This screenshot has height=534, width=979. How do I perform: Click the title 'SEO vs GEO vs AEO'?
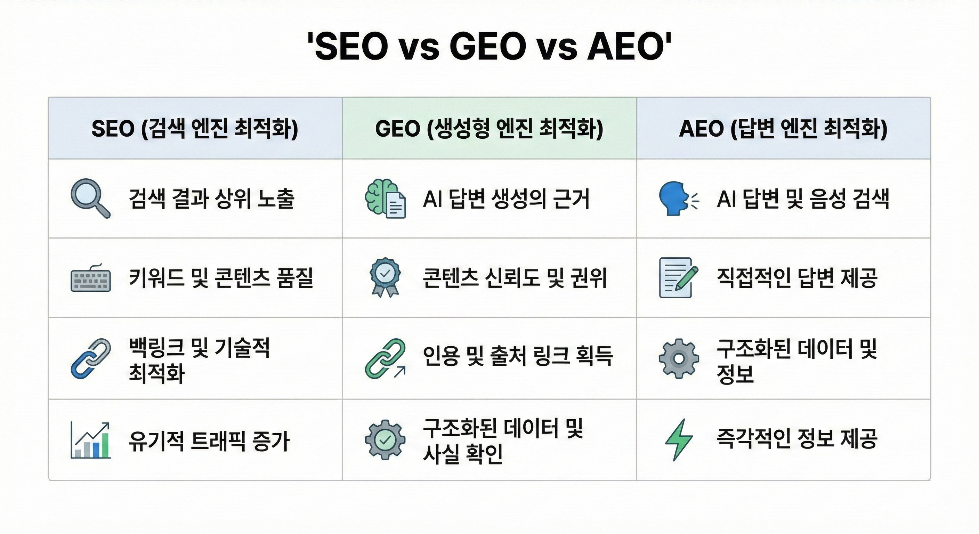pos(489,47)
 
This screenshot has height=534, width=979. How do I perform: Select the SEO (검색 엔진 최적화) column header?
pos(195,129)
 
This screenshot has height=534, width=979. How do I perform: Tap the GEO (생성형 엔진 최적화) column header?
pos(489,129)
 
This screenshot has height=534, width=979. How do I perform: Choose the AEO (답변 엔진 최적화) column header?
pos(783,129)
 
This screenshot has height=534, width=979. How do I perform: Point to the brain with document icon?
pos(385,199)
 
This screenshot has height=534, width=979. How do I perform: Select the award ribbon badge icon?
pos(385,277)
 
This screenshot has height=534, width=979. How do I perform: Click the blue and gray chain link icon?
pos(91,358)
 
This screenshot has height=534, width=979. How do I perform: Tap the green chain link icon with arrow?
pos(385,358)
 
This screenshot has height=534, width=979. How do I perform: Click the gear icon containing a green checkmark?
pos(385,440)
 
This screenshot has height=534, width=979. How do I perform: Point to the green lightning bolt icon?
pos(679,440)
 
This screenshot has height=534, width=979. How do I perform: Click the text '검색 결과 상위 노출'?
pos(212,199)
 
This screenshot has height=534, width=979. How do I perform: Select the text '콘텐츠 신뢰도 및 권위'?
pos(515,278)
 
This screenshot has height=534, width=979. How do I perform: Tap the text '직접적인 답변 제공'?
pos(797,278)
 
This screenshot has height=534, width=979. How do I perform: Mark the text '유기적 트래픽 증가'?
pos(209,441)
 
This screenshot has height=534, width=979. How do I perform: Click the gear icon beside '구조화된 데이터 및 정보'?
pos(679,358)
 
